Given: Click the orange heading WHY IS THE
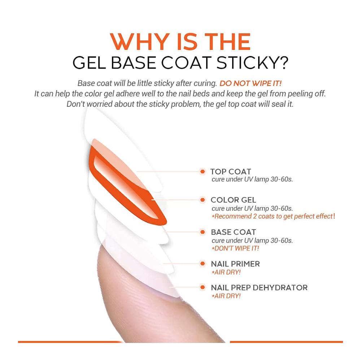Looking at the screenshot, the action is (180, 42).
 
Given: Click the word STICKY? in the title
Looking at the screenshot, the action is (253, 62).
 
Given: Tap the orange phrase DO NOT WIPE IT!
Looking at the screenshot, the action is (251, 83).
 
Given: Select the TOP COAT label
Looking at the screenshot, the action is (231, 171).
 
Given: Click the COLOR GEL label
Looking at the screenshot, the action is (233, 200).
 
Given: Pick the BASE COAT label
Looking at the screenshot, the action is (234, 232).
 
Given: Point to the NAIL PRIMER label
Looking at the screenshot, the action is (235, 264).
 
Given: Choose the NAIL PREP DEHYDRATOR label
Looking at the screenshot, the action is (259, 288).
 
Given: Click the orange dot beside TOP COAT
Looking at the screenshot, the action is (203, 171).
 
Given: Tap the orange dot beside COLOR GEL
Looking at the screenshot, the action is (203, 200).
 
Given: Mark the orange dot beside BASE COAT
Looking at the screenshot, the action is (203, 232).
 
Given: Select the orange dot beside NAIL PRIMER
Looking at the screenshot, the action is (203, 264).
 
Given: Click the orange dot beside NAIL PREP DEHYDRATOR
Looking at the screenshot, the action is (203, 287).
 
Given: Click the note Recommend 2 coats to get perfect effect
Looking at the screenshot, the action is (274, 216).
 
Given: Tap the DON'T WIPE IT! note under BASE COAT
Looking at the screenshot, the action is (235, 248).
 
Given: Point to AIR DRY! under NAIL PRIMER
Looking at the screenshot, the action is (226, 272).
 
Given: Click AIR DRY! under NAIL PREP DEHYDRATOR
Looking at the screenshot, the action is (226, 296).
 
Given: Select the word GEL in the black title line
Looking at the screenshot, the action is (89, 62).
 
